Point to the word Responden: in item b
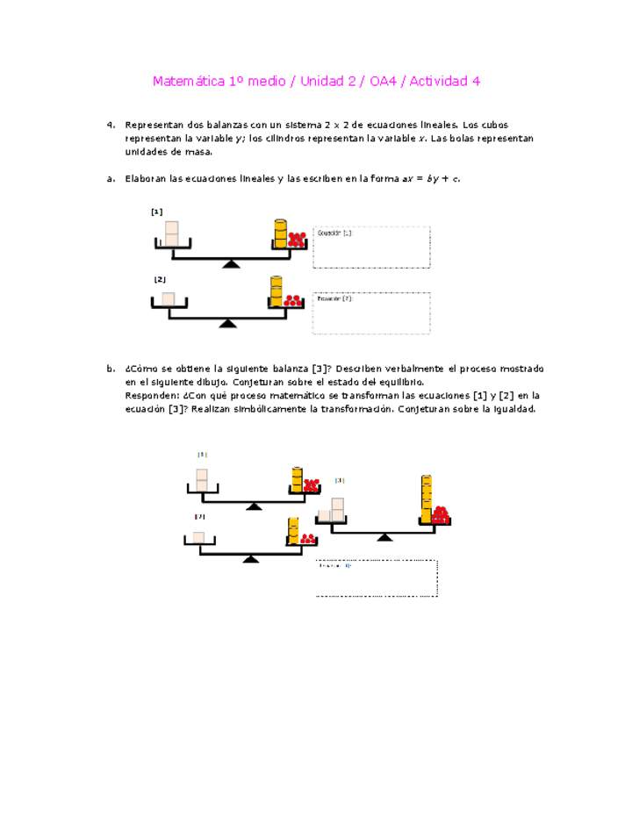[x=153, y=396]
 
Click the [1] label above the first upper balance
[x=156, y=212]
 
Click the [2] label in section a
[x=160, y=279]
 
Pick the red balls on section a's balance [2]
[x=293, y=300]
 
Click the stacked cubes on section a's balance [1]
[x=172, y=233]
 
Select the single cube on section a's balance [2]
[x=168, y=298]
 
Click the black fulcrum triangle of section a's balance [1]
[x=231, y=263]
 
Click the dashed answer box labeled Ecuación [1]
[x=371, y=247]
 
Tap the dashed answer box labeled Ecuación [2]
[x=371, y=313]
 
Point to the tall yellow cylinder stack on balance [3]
[x=426, y=499]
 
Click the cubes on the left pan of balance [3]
[x=332, y=511]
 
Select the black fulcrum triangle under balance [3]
[x=384, y=536]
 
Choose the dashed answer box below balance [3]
[x=377, y=578]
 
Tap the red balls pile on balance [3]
[x=440, y=514]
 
